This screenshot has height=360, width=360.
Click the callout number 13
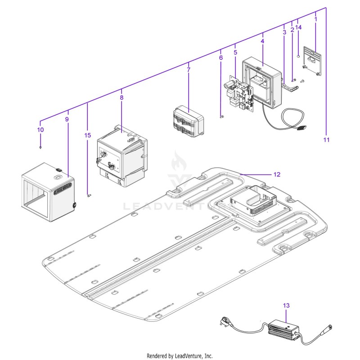coord(286,306)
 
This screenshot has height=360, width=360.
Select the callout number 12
coord(277,175)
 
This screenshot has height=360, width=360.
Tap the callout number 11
coord(326,139)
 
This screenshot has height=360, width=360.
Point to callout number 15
coord(87,135)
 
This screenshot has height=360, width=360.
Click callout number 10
coord(40,130)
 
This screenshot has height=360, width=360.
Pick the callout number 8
coord(121,97)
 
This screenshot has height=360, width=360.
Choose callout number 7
coord(189,70)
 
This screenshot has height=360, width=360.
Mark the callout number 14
coord(298,27)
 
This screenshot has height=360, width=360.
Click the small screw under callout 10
coord(40,148)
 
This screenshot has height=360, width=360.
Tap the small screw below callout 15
coord(89,195)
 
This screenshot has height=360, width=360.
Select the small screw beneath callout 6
coord(221,117)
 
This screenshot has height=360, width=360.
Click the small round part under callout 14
coord(298,56)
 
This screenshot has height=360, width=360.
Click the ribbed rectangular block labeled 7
coord(189,121)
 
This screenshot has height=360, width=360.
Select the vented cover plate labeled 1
coord(312,61)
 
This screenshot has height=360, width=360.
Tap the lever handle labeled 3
coord(290,87)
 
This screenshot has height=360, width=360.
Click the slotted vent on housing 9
coord(63,189)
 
